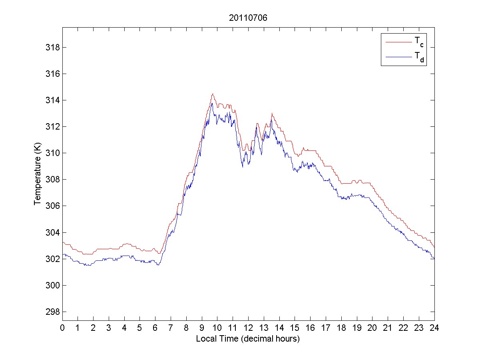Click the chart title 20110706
(x=248, y=18)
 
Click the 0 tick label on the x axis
(x=62, y=328)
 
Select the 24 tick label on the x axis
(x=434, y=328)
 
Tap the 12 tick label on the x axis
(x=248, y=328)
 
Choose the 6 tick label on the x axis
(x=155, y=328)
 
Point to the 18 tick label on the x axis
(x=341, y=328)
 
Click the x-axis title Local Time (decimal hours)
(x=248, y=339)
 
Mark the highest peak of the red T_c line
(x=213, y=94)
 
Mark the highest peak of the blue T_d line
(x=212, y=103)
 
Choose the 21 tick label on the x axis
(x=388, y=328)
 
